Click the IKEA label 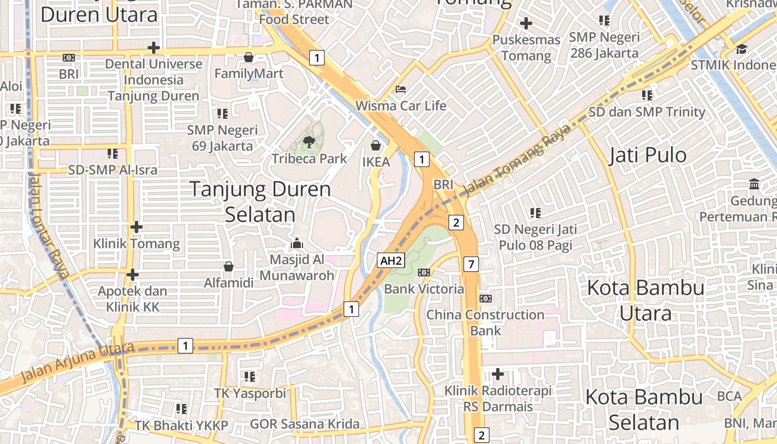tap(376, 163)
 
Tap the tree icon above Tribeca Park tap(309, 142)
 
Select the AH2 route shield tap(390, 260)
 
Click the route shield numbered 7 tap(471, 264)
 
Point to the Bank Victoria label tap(424, 289)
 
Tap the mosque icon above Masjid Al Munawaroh tap(296, 244)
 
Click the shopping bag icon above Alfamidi tap(228, 267)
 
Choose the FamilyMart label tap(249, 73)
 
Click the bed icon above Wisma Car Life tap(400, 89)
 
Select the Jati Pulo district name tap(648, 155)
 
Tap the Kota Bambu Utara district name tap(645, 300)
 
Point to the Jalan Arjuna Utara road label tap(77, 362)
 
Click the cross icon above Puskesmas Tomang tap(526, 24)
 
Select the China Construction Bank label tap(485, 322)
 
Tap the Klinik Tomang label tap(137, 243)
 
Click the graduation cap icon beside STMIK tap(741, 49)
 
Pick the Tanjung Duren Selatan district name tap(260, 201)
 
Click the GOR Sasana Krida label tap(305, 425)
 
